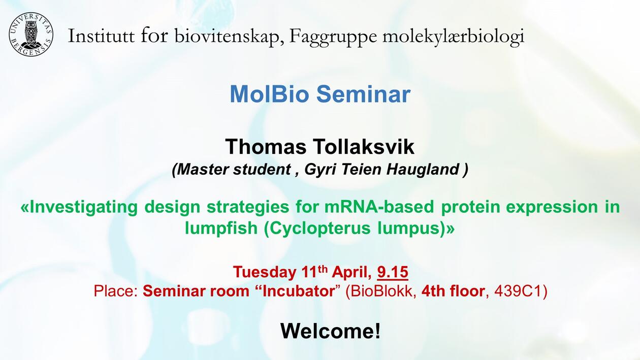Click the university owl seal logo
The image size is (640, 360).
tap(31, 35)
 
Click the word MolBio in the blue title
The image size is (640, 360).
tap(268, 94)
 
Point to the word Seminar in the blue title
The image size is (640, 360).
tap(364, 94)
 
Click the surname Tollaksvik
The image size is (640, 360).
tap(364, 147)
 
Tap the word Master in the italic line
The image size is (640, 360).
tap(203, 170)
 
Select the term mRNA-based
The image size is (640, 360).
tap(379, 207)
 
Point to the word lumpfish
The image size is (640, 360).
tap(221, 228)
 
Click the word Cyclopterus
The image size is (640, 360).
tap(317, 229)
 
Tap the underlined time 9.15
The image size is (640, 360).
tap(393, 272)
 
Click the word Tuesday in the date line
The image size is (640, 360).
tap(264, 272)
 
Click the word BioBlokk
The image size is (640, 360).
tap(380, 291)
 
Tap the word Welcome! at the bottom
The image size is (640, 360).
tap(331, 331)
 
